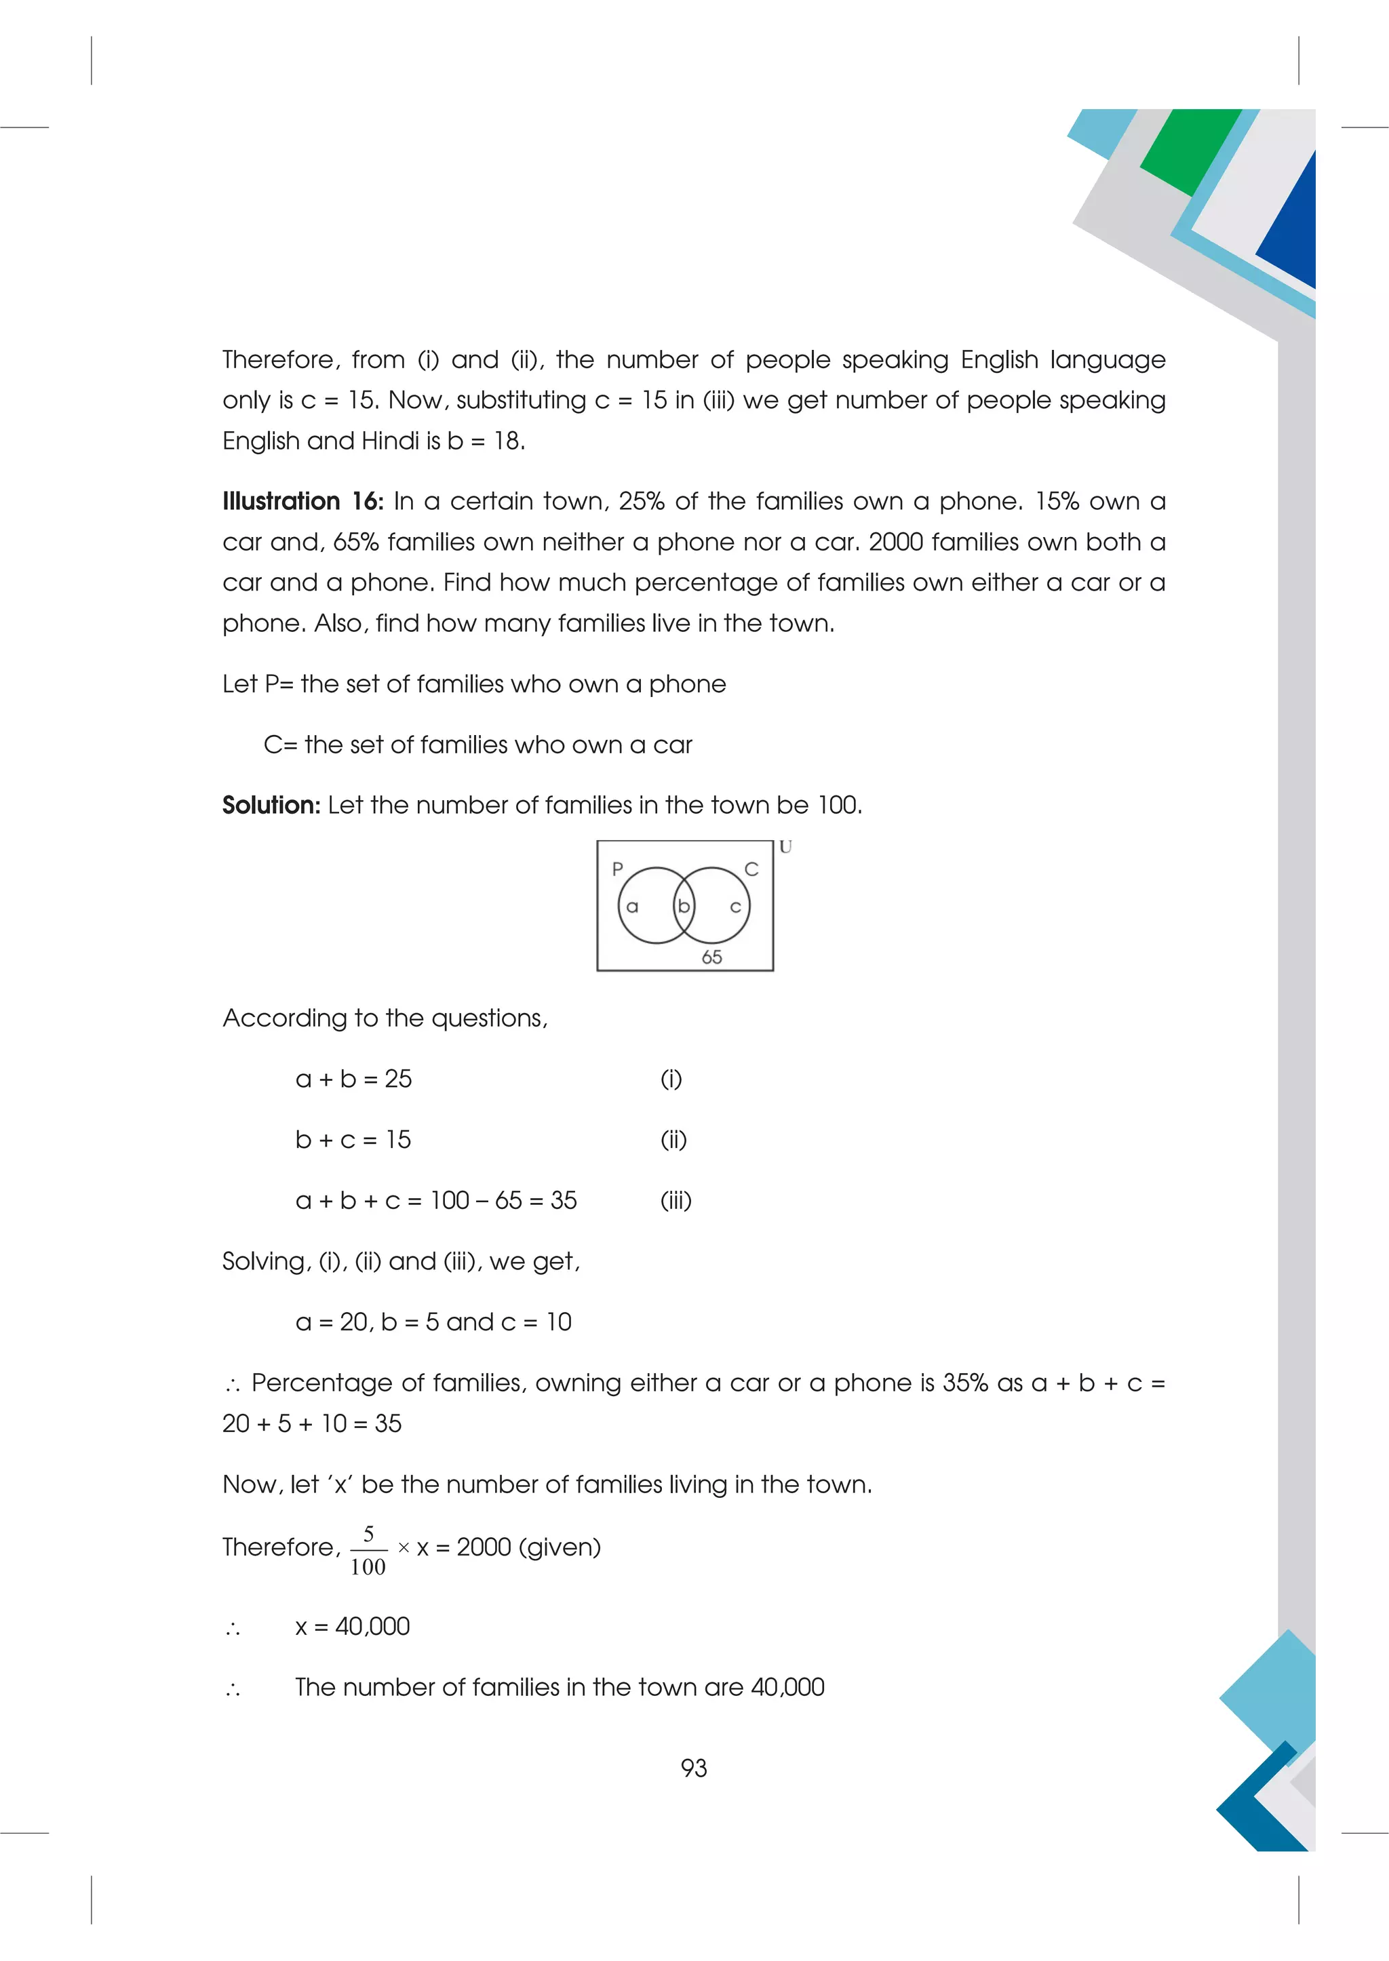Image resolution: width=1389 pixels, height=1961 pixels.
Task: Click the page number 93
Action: (694, 1768)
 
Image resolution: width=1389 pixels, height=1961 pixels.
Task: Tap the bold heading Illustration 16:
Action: (302, 501)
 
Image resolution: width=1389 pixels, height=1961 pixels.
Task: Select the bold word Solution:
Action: (271, 805)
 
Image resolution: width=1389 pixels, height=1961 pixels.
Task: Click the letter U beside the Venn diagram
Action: (785, 847)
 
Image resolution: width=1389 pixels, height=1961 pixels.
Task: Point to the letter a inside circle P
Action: (632, 907)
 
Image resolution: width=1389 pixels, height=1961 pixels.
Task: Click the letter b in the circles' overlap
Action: (684, 906)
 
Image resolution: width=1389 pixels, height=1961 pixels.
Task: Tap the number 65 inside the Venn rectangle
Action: (711, 957)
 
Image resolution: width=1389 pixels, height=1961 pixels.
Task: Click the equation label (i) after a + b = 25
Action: (671, 1079)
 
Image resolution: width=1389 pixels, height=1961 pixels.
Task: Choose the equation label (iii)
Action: (676, 1201)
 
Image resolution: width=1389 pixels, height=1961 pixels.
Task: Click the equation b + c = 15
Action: (353, 1140)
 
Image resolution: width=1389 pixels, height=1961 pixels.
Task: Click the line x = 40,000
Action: (353, 1626)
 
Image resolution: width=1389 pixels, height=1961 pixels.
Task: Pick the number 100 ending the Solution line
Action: (839, 805)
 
